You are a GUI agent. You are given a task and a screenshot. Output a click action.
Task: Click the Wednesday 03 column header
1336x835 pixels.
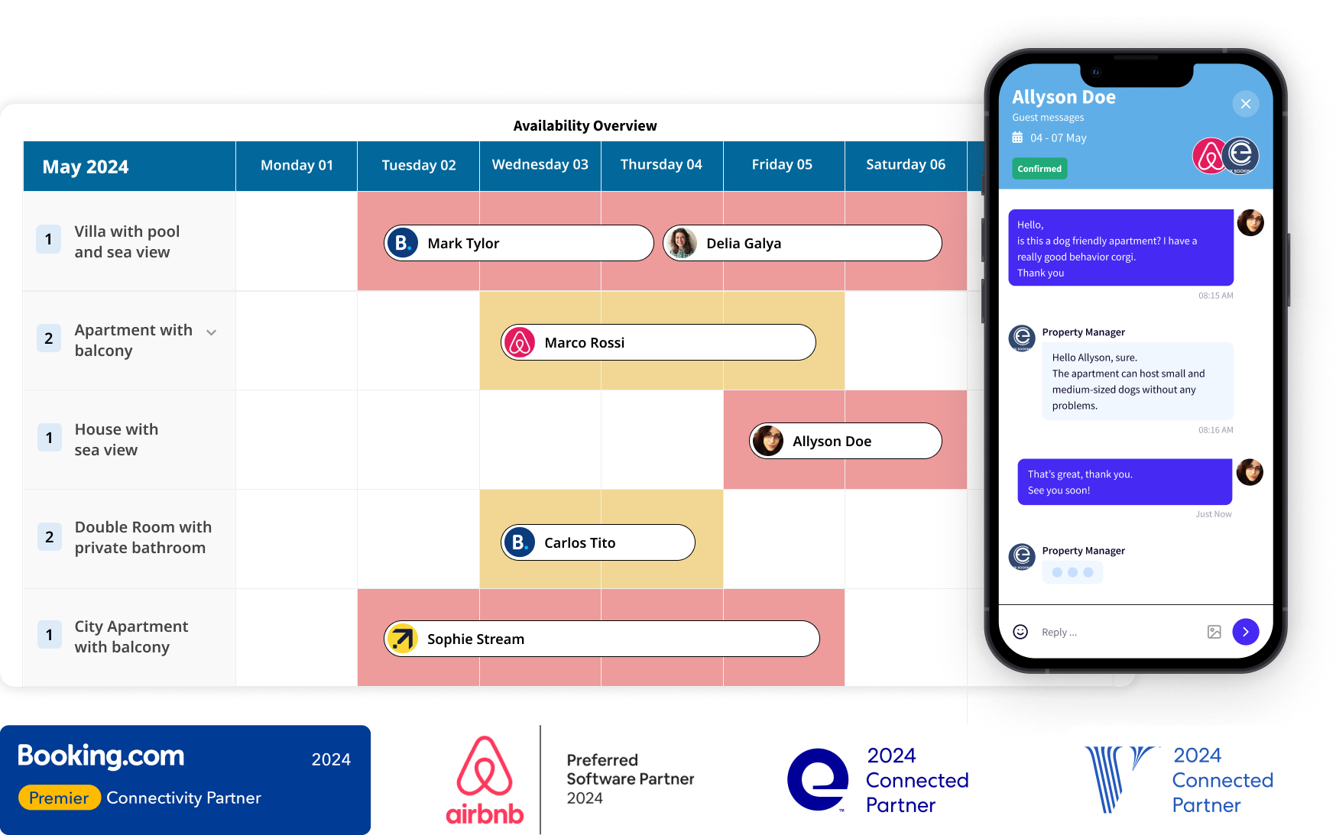[x=540, y=165]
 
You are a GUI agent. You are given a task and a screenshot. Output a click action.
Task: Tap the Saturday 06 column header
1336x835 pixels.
[x=905, y=165]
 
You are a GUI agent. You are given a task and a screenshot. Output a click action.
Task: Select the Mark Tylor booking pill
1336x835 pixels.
[x=518, y=243]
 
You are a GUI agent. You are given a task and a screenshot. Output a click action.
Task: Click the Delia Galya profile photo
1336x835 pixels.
[x=680, y=243]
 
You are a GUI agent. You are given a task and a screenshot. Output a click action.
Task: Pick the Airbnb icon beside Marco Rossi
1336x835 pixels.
[x=520, y=342]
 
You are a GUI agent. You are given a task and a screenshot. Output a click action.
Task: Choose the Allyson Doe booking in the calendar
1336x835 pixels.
[x=845, y=441]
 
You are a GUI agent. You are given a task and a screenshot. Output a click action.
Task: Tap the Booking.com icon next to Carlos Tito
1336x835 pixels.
[x=520, y=542]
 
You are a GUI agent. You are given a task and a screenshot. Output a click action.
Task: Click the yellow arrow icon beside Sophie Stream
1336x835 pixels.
[x=402, y=639]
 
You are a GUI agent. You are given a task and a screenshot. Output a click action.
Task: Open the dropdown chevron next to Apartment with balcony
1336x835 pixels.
[x=212, y=332]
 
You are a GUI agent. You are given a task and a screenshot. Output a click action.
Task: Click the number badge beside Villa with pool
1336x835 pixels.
[x=49, y=239]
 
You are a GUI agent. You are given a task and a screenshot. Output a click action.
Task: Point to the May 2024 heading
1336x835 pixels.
[x=86, y=167]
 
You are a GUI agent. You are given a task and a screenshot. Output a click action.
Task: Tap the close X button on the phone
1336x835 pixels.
[x=1245, y=104]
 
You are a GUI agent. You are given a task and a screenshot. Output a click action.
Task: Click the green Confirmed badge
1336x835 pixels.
[x=1039, y=169]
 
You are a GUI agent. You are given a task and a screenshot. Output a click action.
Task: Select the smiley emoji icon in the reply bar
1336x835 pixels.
[x=1020, y=632]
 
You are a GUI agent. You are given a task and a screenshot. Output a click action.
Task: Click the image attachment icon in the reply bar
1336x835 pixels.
[x=1214, y=632]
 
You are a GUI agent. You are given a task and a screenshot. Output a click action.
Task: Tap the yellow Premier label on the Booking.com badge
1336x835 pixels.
[x=60, y=798]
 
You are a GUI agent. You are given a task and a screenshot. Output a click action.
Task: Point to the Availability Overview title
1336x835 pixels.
[x=585, y=126]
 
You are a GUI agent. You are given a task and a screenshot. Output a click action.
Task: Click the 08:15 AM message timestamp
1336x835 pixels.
[x=1215, y=296]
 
